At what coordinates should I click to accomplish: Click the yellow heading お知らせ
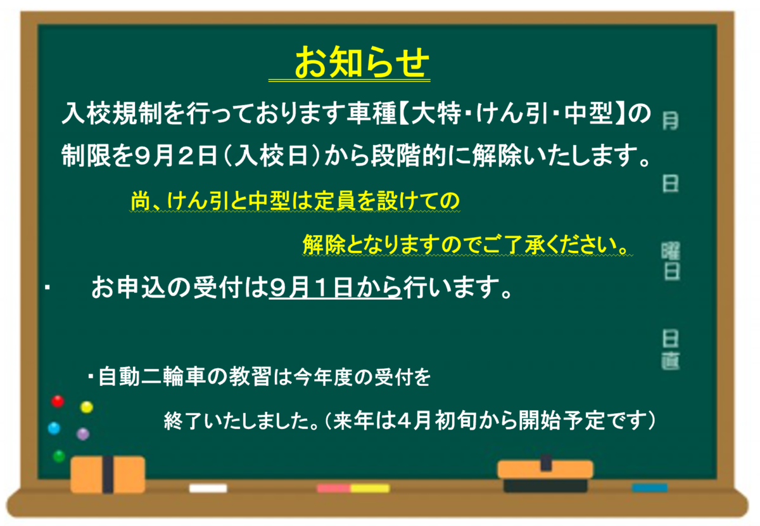point(362,62)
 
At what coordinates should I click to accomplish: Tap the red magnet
point(58,401)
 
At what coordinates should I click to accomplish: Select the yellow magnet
point(87,407)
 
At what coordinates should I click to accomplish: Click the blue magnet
point(54,428)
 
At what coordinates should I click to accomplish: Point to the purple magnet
point(83,434)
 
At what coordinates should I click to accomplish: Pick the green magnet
point(59,456)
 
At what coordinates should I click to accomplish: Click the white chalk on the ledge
point(208,489)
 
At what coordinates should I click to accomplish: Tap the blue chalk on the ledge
point(649,488)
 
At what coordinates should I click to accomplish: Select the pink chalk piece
point(334,489)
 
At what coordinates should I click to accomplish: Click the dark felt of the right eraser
point(545,485)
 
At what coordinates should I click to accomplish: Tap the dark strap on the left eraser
point(108,475)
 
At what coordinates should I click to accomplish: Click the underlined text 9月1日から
point(336,287)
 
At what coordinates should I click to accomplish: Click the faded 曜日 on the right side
point(671,261)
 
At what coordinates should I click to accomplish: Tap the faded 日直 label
point(671,350)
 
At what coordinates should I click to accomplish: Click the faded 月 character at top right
point(671,121)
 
